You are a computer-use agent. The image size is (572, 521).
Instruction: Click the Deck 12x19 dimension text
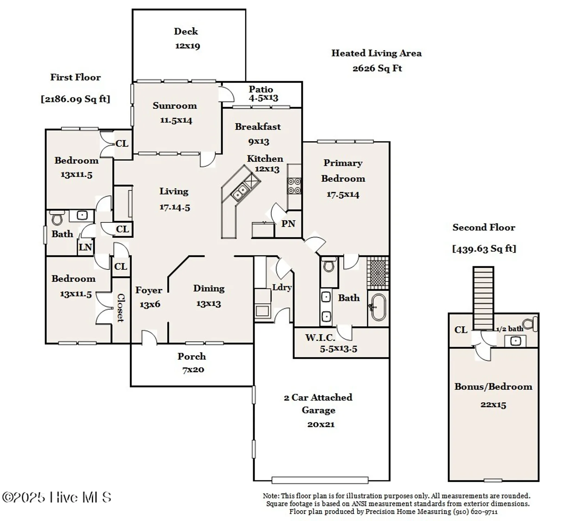[x=187, y=46]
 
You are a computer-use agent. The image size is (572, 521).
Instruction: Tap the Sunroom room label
[x=174, y=106]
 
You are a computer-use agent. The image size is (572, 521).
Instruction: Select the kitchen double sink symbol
[x=240, y=192]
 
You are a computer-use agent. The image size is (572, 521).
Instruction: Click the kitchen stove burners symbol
[x=294, y=186]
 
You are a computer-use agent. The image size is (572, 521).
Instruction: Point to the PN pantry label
[x=288, y=224]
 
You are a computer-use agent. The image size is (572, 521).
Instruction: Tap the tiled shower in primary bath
[x=378, y=273]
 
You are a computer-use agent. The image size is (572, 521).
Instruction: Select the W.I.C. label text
[x=320, y=337]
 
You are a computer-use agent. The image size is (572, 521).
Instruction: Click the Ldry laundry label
[x=281, y=287]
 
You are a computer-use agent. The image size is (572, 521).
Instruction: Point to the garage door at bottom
[x=320, y=480]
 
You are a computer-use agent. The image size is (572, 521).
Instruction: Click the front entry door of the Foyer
[x=149, y=338]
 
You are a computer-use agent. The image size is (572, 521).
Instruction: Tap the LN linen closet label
[x=85, y=247]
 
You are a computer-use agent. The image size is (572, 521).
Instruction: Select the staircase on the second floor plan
[x=483, y=298]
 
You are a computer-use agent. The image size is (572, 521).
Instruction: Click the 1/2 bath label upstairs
[x=509, y=329]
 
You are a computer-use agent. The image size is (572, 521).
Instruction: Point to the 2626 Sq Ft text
[x=377, y=68]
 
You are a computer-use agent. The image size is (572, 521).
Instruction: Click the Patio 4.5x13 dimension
[x=263, y=98]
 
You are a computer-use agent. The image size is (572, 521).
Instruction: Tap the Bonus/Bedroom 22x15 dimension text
[x=493, y=405]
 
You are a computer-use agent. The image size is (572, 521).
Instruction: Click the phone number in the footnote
[x=475, y=512]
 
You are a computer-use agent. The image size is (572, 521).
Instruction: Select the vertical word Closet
[x=121, y=308]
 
